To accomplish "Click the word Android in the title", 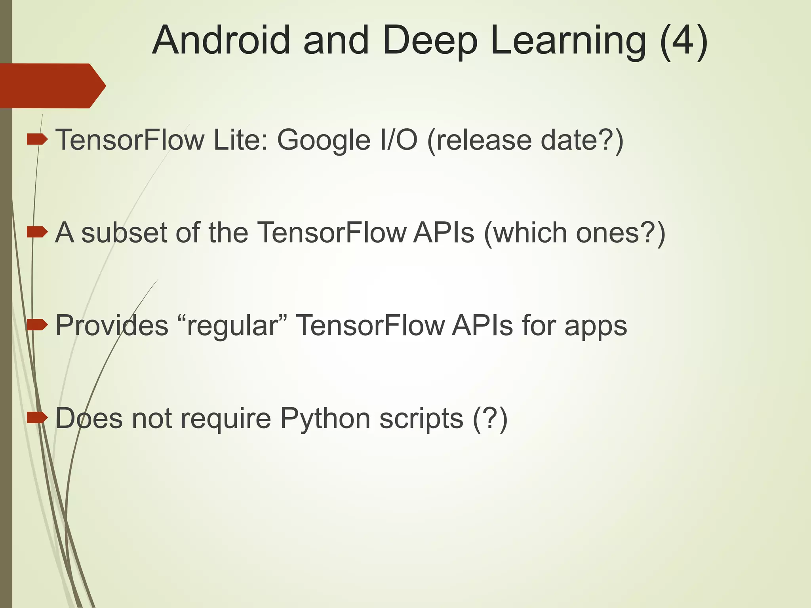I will pos(221,40).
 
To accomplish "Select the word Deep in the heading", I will pos(430,41).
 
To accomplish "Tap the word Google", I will pos(323,141).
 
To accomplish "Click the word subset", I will pos(124,232).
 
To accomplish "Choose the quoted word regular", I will pos(232,325).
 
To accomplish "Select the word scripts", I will pos(421,419).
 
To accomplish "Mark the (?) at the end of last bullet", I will pos(490,418).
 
